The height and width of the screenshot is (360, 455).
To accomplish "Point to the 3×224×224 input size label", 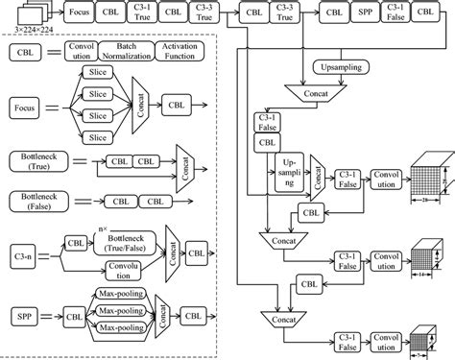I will tap(25, 34).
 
